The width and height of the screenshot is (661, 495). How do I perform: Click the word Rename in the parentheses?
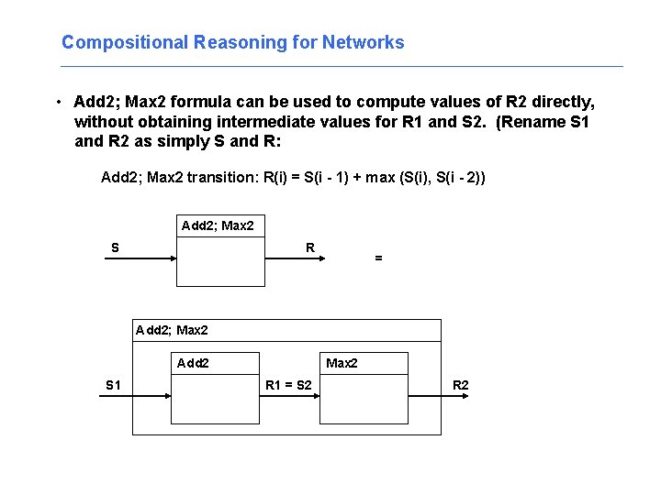point(532,122)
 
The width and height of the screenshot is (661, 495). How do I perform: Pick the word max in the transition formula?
point(380,177)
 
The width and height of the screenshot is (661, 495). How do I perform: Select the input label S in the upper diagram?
point(115,247)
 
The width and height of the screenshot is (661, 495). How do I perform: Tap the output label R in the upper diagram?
point(310,247)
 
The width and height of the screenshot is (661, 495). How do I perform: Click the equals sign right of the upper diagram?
point(378,259)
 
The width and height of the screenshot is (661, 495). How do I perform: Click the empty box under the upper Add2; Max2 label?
point(220,260)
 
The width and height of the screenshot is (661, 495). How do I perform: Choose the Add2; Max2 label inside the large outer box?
point(172,330)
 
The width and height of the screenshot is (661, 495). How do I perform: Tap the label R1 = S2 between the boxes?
point(288,385)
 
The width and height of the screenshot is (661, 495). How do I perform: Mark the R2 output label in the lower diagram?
point(460,385)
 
